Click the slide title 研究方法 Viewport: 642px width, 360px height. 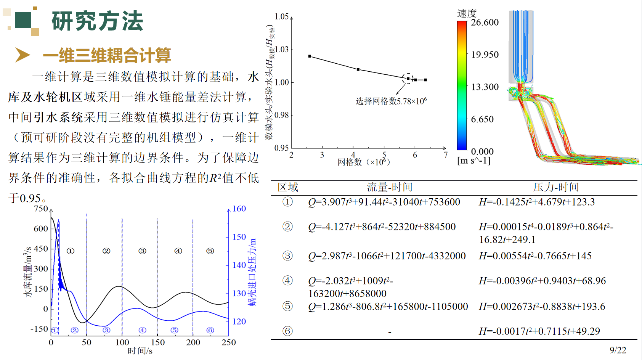(x=97, y=21)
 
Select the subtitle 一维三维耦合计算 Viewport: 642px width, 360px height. (x=107, y=55)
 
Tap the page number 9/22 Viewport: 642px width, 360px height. (x=618, y=350)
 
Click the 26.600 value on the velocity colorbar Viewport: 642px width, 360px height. (x=485, y=22)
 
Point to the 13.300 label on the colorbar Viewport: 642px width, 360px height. (x=485, y=87)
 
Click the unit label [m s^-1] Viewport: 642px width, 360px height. (x=473, y=161)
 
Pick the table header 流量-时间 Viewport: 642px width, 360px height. (x=389, y=187)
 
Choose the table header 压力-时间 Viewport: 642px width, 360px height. (x=556, y=187)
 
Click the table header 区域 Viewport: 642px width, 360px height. (x=288, y=187)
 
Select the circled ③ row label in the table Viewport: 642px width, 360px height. (x=287, y=256)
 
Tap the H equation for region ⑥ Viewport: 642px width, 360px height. (x=539, y=331)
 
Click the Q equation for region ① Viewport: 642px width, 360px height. (x=384, y=202)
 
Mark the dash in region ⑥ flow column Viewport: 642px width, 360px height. (x=390, y=332)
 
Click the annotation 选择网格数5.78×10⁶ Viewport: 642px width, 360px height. (x=391, y=101)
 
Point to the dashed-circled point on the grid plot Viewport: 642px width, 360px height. (x=408, y=79)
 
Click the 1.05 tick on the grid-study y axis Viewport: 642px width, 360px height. (x=282, y=16)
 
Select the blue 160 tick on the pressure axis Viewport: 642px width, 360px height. (x=239, y=209)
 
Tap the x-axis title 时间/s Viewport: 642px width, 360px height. (x=140, y=351)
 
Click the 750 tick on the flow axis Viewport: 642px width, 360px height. (x=41, y=209)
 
